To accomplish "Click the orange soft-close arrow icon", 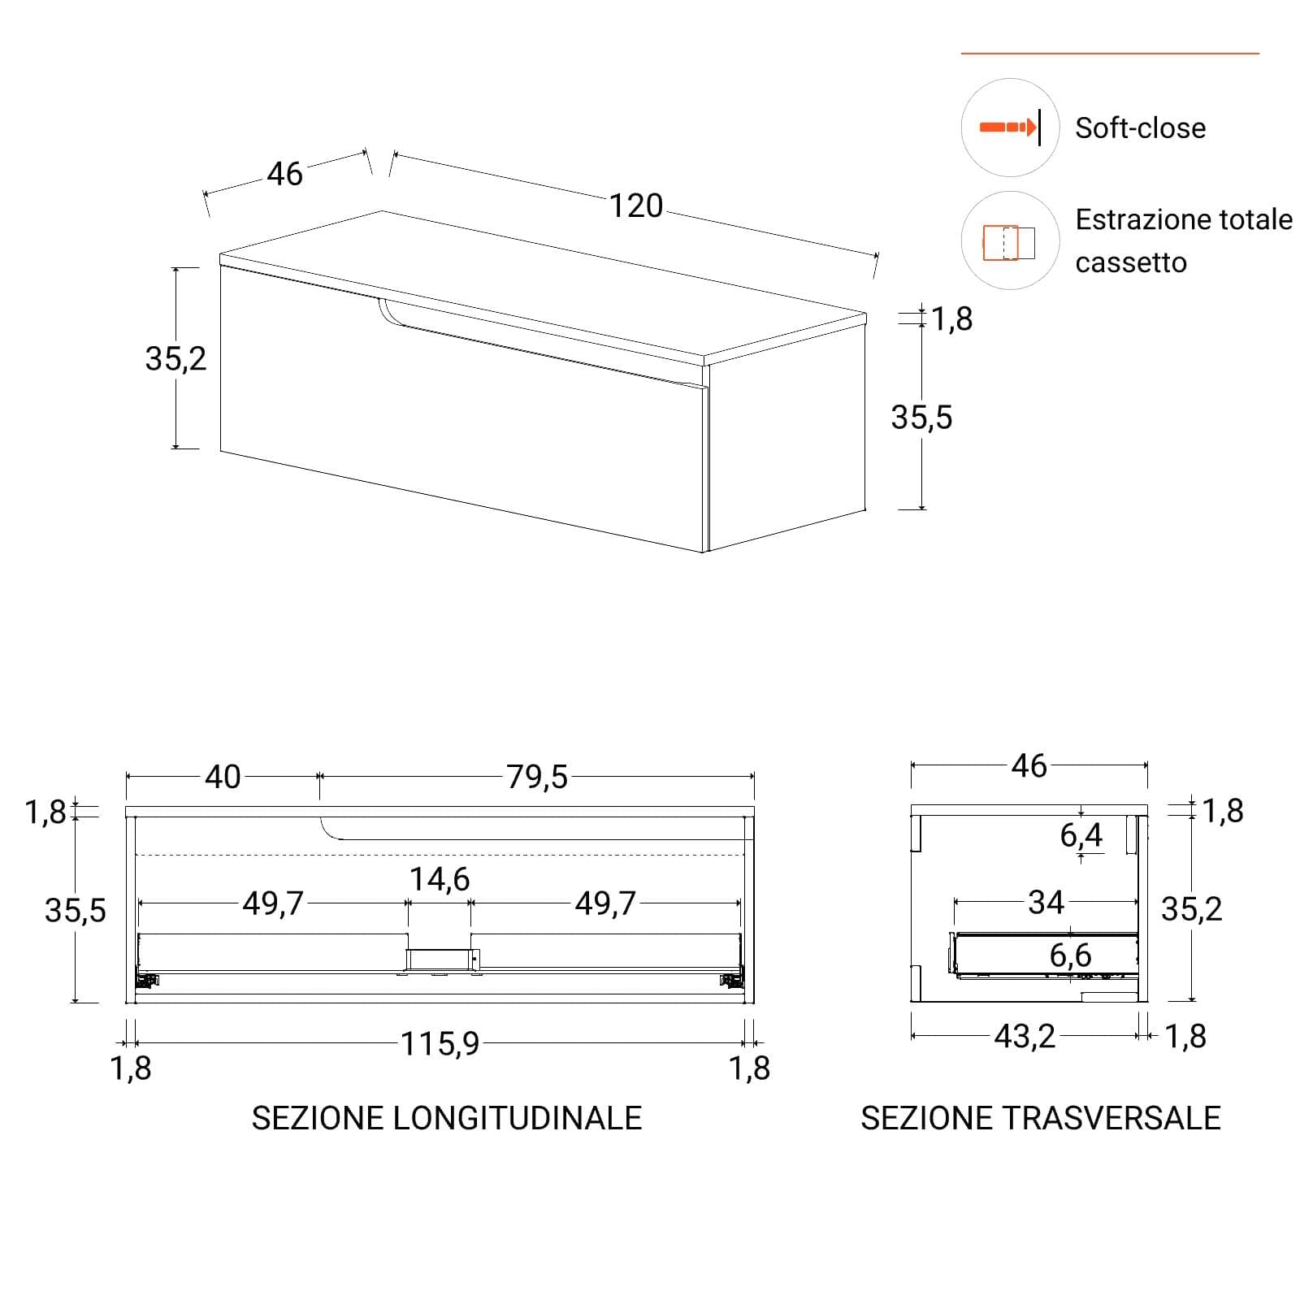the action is click(1008, 128).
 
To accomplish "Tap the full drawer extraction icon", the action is click(1009, 242).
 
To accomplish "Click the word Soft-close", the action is click(1140, 128).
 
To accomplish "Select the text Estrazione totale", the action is click(1184, 219).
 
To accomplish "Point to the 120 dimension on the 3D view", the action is click(636, 206).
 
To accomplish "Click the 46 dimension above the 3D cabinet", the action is click(285, 174).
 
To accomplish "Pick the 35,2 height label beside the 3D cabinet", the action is click(175, 358).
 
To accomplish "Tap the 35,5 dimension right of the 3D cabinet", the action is click(921, 418).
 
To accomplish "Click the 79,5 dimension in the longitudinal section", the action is click(537, 778).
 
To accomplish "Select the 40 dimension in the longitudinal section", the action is click(223, 778).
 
